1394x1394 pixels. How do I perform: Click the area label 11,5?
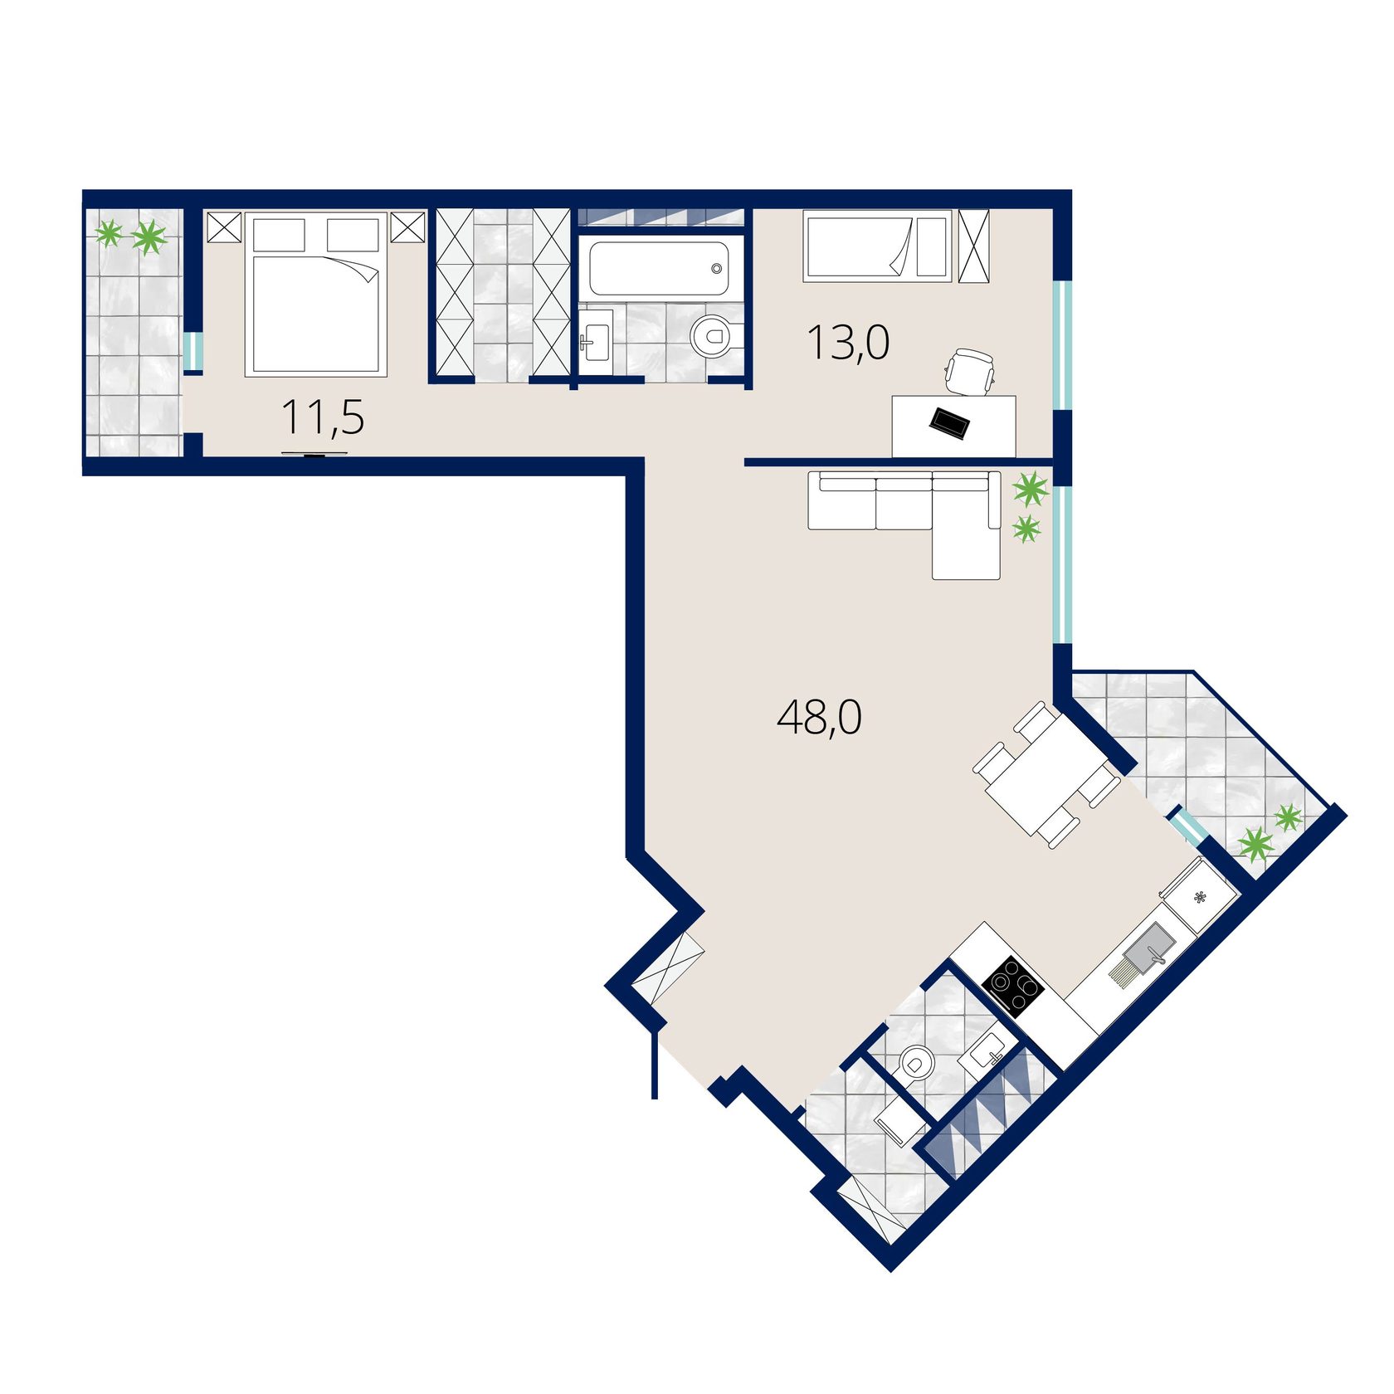323,417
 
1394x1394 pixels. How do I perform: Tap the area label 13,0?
848,343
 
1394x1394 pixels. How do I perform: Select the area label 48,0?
819,717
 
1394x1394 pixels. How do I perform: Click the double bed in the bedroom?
316,295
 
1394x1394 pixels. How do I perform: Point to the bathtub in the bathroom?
659,268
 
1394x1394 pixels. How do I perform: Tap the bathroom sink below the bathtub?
595,336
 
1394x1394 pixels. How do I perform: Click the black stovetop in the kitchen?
1012,985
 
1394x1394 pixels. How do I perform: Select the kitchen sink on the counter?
1143,957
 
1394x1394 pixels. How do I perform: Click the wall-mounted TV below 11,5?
314,454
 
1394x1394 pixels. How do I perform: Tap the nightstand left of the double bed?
223,227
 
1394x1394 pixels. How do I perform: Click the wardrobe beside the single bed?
974,246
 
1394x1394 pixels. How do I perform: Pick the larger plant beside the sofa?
1031,489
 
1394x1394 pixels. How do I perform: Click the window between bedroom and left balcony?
193,351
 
